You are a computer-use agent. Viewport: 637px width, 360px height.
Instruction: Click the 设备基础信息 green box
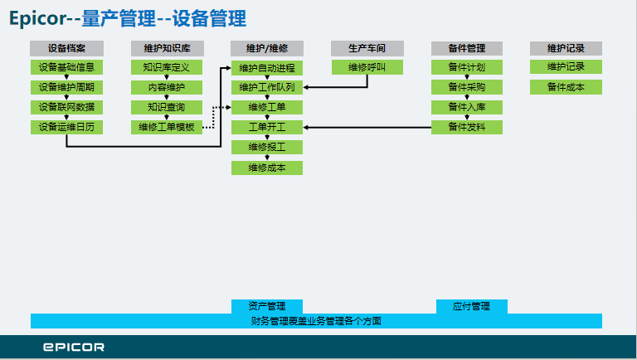[x=66, y=67]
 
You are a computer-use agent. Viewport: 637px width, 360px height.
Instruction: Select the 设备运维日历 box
[x=66, y=127]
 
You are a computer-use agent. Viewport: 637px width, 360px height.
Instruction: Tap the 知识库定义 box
[x=167, y=67]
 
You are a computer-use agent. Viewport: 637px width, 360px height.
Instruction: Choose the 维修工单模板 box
[x=167, y=127]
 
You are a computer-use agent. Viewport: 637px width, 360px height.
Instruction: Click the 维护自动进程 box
[x=267, y=68]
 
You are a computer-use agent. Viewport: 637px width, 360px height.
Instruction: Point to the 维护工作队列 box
[x=267, y=87]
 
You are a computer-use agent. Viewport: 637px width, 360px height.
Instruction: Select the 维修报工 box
[x=267, y=147]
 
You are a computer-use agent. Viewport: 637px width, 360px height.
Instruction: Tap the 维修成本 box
[x=267, y=168]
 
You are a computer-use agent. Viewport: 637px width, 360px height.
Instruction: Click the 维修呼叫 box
[x=367, y=67]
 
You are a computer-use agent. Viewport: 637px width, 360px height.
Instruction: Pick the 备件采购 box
[x=467, y=87]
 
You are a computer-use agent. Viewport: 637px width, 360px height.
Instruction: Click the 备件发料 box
[x=467, y=127]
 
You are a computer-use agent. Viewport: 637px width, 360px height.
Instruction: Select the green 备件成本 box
[x=566, y=87]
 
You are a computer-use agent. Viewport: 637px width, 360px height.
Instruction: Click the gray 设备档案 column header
[x=66, y=48]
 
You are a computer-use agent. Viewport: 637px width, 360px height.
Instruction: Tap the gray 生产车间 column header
[x=367, y=48]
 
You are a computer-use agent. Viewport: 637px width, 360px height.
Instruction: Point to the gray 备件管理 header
[x=467, y=48]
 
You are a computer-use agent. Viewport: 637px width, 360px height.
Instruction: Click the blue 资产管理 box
[x=267, y=306]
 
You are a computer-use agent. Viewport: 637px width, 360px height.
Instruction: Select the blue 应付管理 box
[x=472, y=306]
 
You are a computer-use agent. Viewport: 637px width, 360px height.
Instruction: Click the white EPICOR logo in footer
[x=74, y=347]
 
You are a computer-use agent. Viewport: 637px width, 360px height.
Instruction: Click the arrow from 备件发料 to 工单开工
[x=367, y=127]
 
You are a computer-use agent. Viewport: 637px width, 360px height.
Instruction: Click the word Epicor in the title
[x=37, y=19]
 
